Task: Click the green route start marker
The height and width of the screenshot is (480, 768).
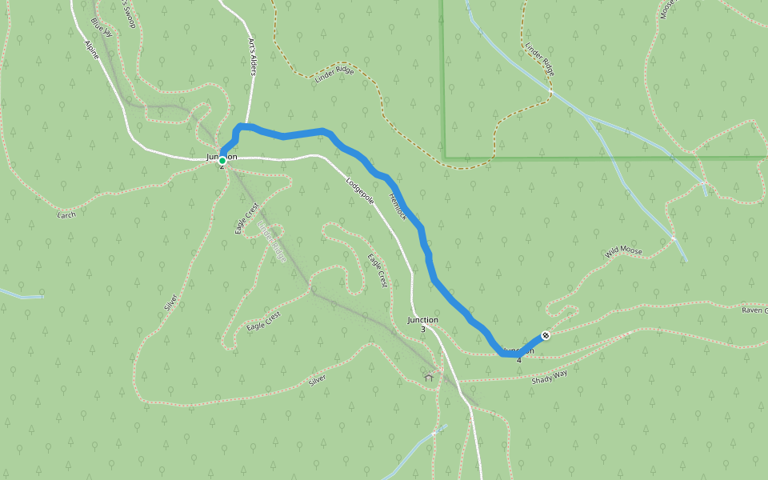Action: click(222, 161)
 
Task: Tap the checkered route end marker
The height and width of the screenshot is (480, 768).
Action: click(546, 335)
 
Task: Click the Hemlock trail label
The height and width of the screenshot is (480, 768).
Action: click(398, 206)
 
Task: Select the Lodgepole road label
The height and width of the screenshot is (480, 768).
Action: click(360, 190)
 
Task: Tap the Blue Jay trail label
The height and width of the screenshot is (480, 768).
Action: click(102, 26)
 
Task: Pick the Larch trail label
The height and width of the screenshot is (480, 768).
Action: click(66, 214)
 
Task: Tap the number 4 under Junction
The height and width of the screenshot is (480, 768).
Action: click(519, 360)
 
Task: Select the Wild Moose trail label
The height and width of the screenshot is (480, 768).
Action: click(624, 251)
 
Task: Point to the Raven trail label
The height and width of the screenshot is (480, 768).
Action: click(754, 310)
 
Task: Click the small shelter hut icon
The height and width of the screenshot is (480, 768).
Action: click(430, 377)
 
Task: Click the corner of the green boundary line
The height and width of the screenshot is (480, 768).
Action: click(445, 158)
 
